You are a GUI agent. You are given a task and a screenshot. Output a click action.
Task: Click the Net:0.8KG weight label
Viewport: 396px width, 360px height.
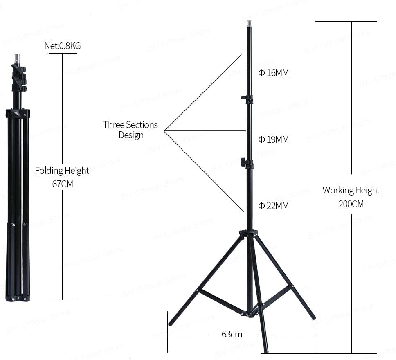[x=62, y=46]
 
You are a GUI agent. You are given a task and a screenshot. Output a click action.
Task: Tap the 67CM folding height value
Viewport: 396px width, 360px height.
[x=62, y=184]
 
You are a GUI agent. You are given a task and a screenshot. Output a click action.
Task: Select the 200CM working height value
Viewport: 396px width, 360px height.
[x=351, y=204]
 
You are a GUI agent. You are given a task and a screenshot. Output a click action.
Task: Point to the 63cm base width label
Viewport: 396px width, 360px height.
[x=232, y=334]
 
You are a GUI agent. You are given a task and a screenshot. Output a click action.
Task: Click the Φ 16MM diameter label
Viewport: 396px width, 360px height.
[x=274, y=73]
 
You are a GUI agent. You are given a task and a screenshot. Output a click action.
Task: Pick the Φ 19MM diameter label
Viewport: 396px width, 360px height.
[x=274, y=140]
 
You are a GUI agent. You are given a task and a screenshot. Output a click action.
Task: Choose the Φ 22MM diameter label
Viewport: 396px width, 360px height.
[x=274, y=206]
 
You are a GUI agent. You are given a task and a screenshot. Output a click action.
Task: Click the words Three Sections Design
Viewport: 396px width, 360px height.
[x=130, y=130]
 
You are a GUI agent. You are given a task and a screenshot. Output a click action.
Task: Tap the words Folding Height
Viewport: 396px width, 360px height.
[x=62, y=171]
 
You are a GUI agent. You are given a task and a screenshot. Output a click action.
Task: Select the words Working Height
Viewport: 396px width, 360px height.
[x=351, y=190]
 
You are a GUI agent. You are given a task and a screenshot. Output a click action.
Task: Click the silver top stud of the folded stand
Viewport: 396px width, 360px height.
[x=17, y=58]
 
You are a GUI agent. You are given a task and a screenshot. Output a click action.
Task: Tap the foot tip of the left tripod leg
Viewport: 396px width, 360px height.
[x=171, y=324]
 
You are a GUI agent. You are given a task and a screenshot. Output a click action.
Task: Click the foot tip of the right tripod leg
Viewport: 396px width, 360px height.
[x=313, y=317]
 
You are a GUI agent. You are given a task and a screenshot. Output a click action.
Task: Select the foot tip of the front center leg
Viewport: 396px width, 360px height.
[x=266, y=351]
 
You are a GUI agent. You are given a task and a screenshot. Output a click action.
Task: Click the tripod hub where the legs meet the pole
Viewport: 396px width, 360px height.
[x=249, y=234]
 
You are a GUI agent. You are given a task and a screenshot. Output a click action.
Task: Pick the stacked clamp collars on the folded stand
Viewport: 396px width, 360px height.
[x=18, y=77]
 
